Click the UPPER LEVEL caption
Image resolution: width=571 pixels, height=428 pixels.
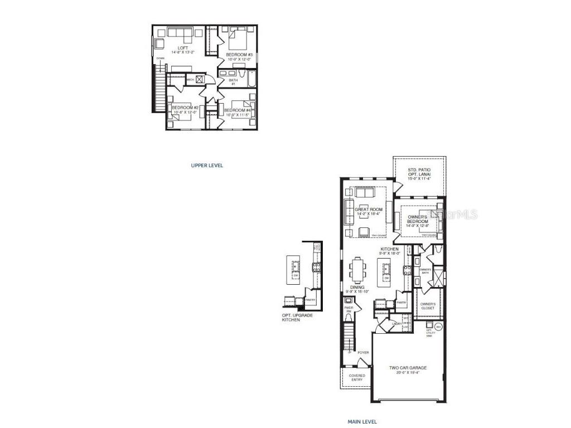tap(207, 166)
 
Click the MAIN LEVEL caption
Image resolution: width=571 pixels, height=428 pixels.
tap(362, 422)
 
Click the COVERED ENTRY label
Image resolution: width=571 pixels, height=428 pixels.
tap(357, 378)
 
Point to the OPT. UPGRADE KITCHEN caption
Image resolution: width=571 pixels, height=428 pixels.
tap(297, 318)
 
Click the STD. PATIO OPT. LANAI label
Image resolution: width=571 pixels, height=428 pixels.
tap(419, 173)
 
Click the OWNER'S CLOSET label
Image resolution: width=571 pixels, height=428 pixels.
tap(428, 306)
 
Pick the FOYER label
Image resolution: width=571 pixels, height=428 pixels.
tap(363, 353)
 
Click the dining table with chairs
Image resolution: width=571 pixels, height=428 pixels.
tap(357, 270)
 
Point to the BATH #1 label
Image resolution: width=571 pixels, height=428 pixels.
tap(233, 82)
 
